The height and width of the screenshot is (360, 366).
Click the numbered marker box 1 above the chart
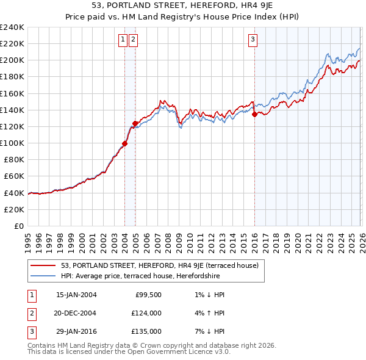pos(123,40)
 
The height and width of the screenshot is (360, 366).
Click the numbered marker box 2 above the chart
pos(133,40)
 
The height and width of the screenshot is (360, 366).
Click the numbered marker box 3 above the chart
pos(253,40)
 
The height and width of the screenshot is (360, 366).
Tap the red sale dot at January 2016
pos(254,113)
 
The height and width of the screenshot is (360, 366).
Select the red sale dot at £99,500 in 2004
pos(124,143)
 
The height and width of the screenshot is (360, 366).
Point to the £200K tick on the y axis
pos(12,60)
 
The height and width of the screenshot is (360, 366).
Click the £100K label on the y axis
pos(12,143)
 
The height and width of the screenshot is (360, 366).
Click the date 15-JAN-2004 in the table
pos(76,295)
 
